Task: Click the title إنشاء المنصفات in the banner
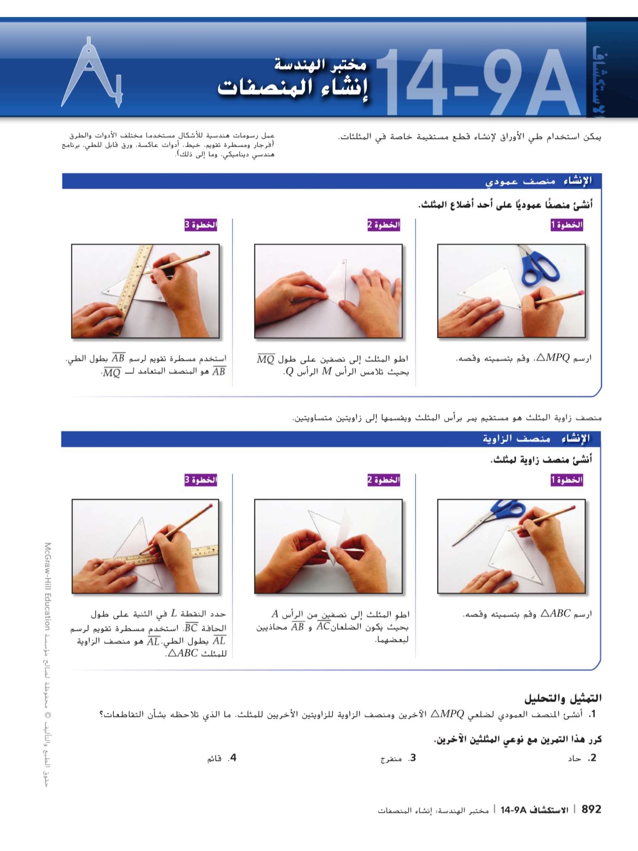[293, 88]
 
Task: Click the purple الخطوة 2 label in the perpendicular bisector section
[383, 225]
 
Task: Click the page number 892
[591, 809]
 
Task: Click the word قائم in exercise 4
[214, 759]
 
